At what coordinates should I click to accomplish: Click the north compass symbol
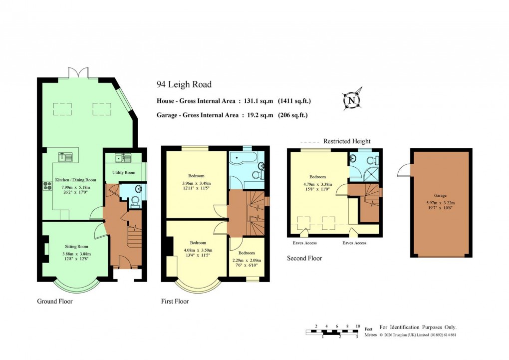point(352,100)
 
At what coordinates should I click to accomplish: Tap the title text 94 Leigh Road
point(183,85)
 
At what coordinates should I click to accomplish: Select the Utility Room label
point(124,173)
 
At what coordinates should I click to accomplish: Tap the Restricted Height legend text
point(347,141)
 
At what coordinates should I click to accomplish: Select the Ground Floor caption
point(55,302)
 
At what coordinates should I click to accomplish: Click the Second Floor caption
point(304,258)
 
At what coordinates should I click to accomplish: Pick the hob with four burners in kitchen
point(48,185)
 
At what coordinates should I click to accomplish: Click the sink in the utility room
point(120,158)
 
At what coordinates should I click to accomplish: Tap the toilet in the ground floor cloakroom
point(134,202)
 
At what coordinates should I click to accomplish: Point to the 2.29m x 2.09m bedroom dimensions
point(247,261)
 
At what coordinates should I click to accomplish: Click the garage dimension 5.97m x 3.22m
point(440,203)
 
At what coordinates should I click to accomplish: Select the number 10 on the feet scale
point(357,326)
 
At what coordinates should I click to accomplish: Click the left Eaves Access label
point(304,243)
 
